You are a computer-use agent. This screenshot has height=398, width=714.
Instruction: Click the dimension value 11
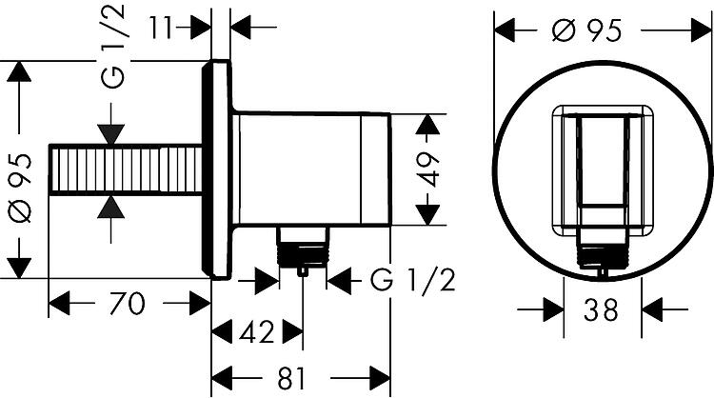point(161,28)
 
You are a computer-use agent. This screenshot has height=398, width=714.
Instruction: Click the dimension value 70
point(127,304)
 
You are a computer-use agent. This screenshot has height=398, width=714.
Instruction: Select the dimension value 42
point(257,331)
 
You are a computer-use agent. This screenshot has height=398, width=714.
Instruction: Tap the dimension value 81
point(291,378)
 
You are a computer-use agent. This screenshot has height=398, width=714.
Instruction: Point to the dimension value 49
point(429,169)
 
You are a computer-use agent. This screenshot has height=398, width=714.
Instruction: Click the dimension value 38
point(601,309)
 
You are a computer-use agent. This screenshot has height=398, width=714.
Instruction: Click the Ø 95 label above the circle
point(586,30)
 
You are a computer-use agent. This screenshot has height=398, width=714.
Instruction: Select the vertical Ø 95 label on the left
point(20,188)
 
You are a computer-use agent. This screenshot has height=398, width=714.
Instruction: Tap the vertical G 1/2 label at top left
point(112,46)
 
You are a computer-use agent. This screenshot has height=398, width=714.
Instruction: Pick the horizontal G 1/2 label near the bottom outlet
point(412,281)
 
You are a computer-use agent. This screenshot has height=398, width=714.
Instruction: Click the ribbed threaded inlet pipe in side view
point(126,170)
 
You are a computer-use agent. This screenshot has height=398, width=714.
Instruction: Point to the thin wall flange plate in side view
point(218,169)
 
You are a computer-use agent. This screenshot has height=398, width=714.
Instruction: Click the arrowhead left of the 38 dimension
point(554,309)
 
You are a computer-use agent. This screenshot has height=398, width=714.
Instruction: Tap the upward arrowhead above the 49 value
point(428,124)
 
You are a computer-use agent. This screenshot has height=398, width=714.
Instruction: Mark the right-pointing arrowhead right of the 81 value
point(380,378)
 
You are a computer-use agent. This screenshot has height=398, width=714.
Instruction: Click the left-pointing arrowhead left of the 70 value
point(59,304)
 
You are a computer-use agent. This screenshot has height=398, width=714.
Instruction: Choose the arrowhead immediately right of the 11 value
point(200,28)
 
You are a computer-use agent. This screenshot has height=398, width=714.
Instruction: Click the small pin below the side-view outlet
point(303,271)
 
